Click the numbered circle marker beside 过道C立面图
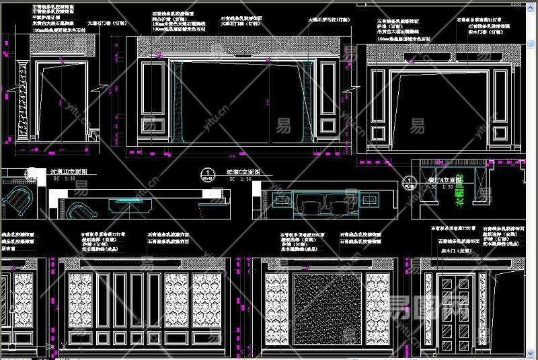click(x=209, y=174)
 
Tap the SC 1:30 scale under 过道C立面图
click(x=239, y=179)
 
